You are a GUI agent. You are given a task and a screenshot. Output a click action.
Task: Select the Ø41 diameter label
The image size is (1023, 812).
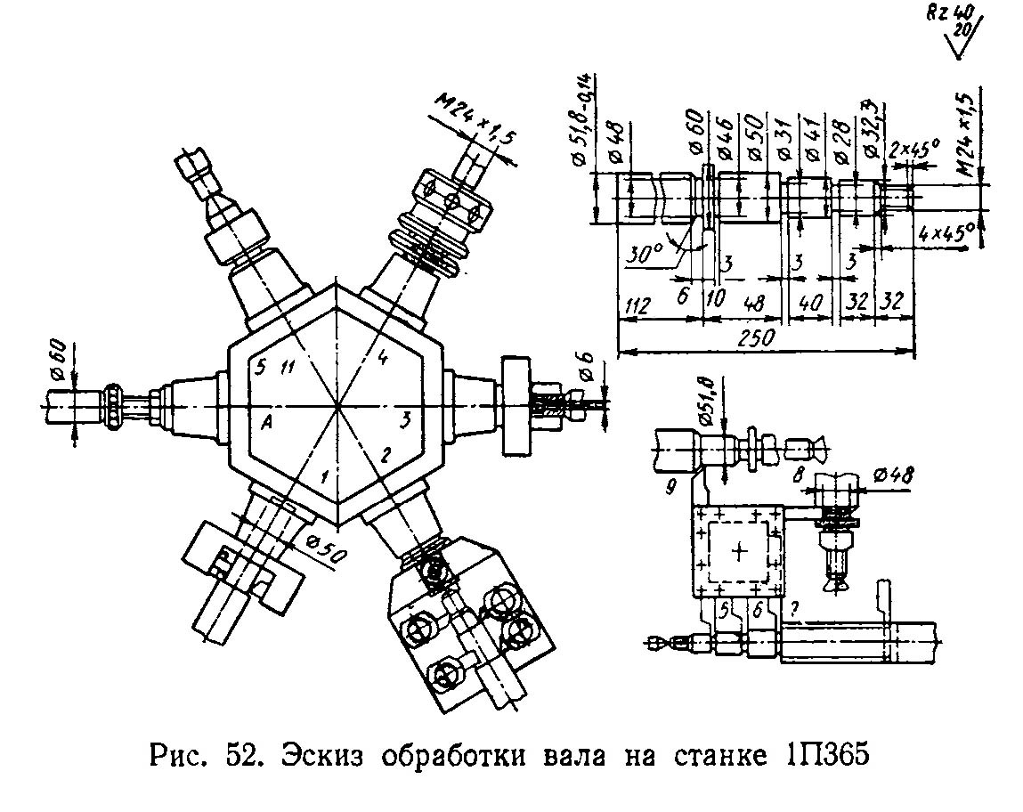coord(812,142)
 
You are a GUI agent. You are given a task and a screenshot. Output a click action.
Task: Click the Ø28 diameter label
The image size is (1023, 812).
coord(840,142)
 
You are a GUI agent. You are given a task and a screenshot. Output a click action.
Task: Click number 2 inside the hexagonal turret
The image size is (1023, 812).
coord(386,454)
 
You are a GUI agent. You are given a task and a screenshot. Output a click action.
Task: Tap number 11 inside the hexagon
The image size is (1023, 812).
coord(286,367)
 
